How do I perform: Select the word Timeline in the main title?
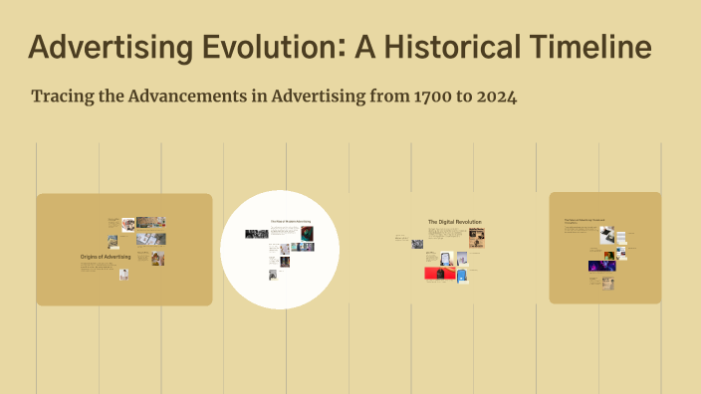[586, 47]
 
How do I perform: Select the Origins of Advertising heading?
[107, 257]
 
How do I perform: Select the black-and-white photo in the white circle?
[254, 234]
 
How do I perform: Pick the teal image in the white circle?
[307, 234]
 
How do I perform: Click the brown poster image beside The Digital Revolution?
[478, 238]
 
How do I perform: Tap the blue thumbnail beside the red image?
[463, 275]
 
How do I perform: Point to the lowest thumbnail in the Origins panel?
[124, 274]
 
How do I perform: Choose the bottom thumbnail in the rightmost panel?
[607, 283]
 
